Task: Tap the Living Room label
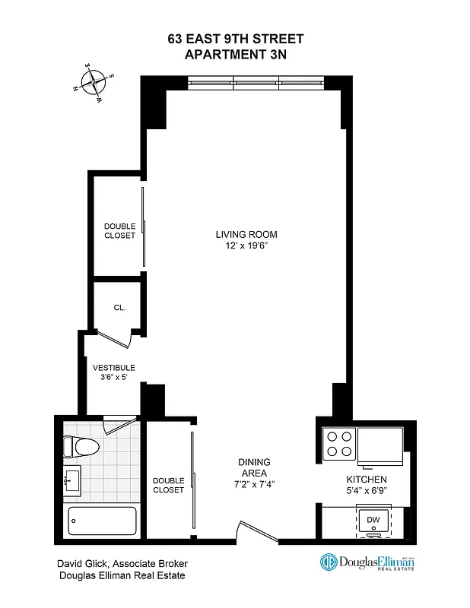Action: (x=245, y=234)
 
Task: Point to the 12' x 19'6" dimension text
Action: (x=245, y=246)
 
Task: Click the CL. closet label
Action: (x=119, y=308)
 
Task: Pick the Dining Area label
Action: (x=254, y=467)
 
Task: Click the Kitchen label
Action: (x=367, y=480)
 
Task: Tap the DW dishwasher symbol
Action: (x=373, y=520)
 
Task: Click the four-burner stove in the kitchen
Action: (x=339, y=443)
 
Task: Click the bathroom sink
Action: (x=72, y=480)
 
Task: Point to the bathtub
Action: (x=102, y=523)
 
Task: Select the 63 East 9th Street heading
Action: (x=235, y=39)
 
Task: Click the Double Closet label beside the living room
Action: (x=119, y=230)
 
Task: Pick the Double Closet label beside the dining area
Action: (x=168, y=485)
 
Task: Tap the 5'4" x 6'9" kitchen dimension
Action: (x=367, y=491)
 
